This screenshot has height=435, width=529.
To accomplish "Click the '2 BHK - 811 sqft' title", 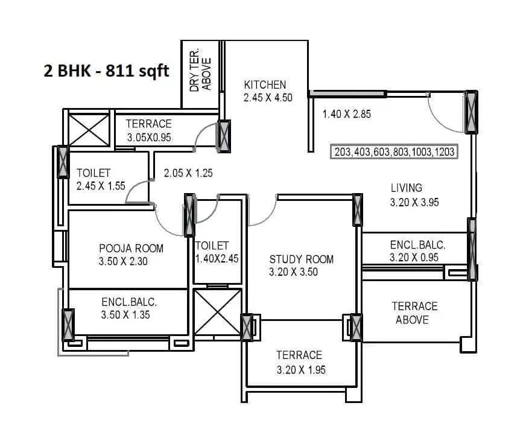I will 106,71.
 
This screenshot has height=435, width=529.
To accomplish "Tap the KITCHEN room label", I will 265,84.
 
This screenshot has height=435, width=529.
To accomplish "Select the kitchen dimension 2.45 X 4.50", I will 268,97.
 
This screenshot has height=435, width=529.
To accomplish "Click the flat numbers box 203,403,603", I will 395,152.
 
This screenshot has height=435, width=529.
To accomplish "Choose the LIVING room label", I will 406,188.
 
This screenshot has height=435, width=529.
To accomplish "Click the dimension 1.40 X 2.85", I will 346,114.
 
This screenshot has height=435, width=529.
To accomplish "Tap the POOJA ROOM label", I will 131,248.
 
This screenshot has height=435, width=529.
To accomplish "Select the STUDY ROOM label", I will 301,259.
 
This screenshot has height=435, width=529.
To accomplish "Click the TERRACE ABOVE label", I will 414,313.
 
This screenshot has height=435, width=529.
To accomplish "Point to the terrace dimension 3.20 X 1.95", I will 301,370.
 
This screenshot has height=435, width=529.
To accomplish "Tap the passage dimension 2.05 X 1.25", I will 188,173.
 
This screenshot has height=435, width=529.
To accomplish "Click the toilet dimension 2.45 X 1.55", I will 101,186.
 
